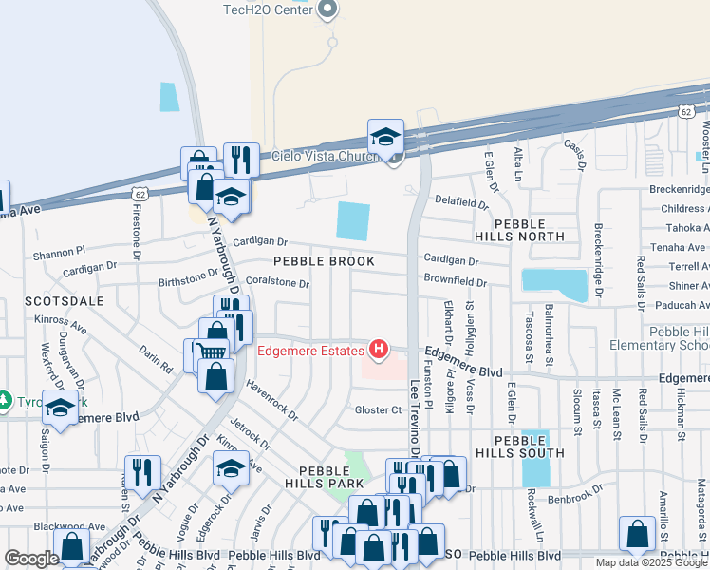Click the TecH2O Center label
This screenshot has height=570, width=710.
(268, 9)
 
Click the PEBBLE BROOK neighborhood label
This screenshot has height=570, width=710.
(319, 260)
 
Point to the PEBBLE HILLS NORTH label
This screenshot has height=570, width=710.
(521, 229)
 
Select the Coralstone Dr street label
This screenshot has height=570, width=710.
(277, 283)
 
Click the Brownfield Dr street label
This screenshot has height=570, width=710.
(455, 282)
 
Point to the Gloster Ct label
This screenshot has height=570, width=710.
(379, 410)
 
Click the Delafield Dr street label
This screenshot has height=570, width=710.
(461, 202)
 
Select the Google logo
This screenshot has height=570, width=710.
(31, 559)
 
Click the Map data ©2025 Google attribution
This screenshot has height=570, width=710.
(650, 562)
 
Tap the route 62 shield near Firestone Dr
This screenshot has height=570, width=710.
(140, 194)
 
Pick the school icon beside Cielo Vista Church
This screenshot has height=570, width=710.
(386, 138)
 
